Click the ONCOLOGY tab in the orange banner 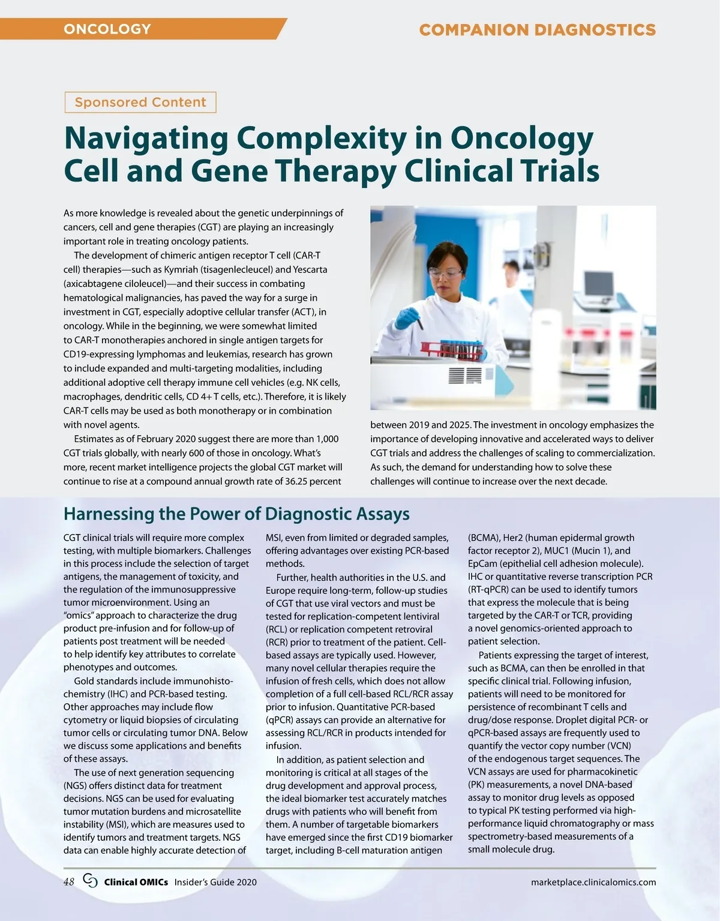pyautogui.click(x=107, y=29)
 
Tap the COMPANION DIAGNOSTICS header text pyautogui.click(x=537, y=30)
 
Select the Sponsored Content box pyautogui.click(x=140, y=102)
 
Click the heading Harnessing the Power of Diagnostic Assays pyautogui.click(x=236, y=514)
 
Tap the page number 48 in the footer pyautogui.click(x=69, y=881)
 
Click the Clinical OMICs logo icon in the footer pyautogui.click(x=90, y=881)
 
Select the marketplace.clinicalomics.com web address pyautogui.click(x=593, y=882)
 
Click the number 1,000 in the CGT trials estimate pyautogui.click(x=327, y=439)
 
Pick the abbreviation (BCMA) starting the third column pyautogui.click(x=484, y=538)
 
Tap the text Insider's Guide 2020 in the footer pyautogui.click(x=215, y=882)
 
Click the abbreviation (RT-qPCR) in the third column pyautogui.click(x=488, y=589)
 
